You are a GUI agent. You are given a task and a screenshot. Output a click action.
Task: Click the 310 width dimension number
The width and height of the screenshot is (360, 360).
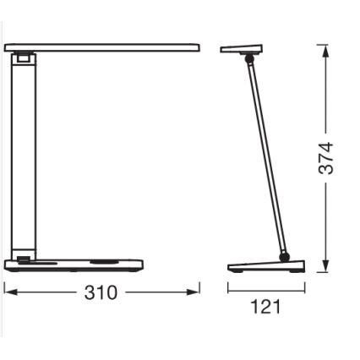point(101,293)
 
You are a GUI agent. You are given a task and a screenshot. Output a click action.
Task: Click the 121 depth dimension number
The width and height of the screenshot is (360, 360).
point(266,307)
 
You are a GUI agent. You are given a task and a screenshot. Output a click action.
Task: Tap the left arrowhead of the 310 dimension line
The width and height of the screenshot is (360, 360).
point(8,292)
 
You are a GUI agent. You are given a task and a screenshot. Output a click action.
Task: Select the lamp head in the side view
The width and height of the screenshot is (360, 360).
point(241,49)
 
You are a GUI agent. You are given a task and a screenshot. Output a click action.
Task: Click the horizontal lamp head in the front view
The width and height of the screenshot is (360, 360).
point(101,48)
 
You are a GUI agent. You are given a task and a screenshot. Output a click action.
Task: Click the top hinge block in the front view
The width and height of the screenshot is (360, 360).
point(25,58)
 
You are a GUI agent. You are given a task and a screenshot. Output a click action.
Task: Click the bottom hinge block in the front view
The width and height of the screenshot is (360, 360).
point(24,260)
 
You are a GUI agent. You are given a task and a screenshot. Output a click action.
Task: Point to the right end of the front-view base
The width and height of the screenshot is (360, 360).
point(141,265)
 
